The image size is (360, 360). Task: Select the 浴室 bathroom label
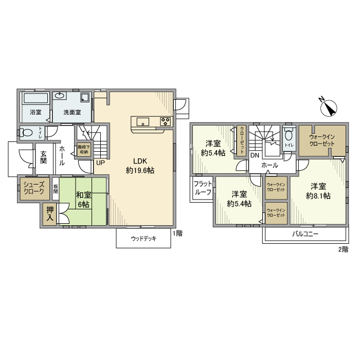35,112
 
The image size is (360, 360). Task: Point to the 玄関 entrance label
43,157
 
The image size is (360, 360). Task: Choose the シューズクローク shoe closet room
34,189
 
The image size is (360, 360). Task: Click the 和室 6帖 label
83,200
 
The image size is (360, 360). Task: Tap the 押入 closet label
50,213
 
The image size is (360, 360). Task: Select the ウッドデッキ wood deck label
143,239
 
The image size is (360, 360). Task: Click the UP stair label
100,163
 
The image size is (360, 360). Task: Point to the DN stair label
255,155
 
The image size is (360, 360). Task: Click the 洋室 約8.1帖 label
318,191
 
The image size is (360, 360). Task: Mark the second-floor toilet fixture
289,137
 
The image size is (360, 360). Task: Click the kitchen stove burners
166,122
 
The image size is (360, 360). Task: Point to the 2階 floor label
343,249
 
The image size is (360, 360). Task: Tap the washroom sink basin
59,96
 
